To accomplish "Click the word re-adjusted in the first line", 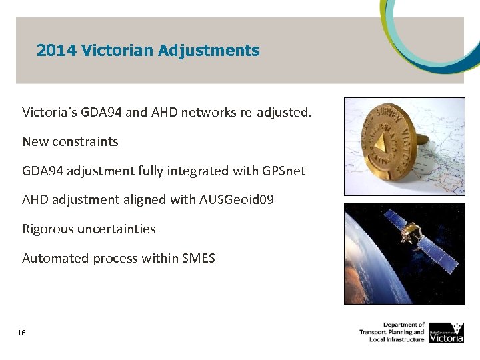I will click(276, 112).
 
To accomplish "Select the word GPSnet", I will click(281, 171).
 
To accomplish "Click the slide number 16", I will click(22, 332).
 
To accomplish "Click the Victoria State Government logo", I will click(446, 332).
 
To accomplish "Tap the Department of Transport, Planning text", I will click(392, 332).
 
